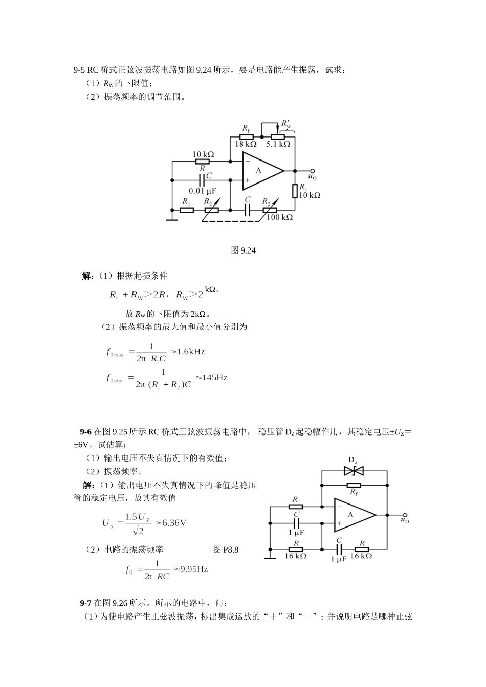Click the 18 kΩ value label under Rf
(246, 145)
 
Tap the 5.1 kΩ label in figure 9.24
(278, 145)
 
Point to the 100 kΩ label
(280, 217)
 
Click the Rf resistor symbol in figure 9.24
(246, 137)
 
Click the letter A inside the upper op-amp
(258, 170)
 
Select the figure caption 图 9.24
(243, 250)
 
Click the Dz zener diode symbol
(354, 470)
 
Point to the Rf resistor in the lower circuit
(354, 485)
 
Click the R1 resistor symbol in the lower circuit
(296, 507)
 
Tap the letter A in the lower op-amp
(350, 515)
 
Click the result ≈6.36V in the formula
(170, 523)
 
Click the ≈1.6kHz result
(187, 352)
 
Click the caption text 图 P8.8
(226, 550)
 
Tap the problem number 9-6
(85, 431)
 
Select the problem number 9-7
(85, 603)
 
